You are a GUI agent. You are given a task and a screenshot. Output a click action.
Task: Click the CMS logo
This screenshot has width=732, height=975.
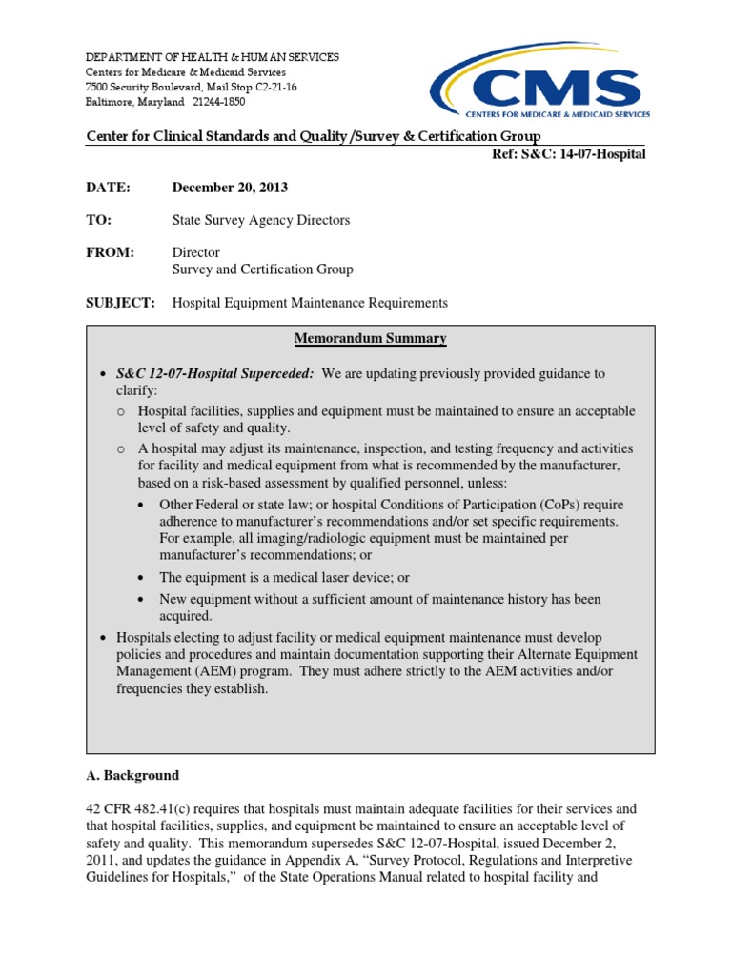pos(540,83)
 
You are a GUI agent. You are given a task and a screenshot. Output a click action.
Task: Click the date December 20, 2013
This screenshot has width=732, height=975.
pos(230,188)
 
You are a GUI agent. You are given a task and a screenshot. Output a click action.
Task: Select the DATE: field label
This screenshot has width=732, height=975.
pos(108,188)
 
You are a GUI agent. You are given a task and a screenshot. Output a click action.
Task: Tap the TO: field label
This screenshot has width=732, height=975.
pos(99,220)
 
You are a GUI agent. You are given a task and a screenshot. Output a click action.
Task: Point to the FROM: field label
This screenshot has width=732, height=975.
pos(111,252)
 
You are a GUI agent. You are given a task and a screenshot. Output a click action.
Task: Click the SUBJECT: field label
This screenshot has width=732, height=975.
pos(120,303)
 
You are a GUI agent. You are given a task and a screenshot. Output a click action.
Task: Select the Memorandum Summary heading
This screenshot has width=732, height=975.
pos(370,339)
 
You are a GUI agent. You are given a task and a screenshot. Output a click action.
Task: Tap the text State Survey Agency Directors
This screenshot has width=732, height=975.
pos(260,220)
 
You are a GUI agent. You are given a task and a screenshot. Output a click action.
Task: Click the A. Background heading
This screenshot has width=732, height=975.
pos(132,775)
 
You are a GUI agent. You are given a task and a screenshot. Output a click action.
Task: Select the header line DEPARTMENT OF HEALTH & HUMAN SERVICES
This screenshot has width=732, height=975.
pos(212,58)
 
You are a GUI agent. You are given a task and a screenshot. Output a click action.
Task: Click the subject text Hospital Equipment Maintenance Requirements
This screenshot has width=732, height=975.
pos(309,303)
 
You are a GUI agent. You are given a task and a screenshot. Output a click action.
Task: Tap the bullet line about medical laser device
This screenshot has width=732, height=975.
pos(272,578)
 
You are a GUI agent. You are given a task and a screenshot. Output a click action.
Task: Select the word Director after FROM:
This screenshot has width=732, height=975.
pos(195,252)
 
